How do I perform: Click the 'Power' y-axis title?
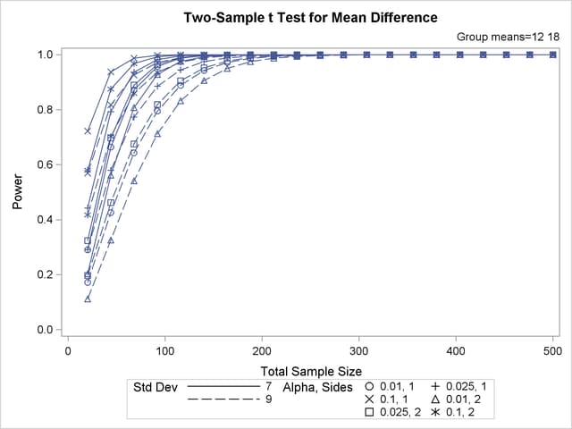click(18, 192)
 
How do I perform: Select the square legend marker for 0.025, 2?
click(369, 415)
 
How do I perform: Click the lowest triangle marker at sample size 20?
click(88, 299)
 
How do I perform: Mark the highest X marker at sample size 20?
click(88, 130)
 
